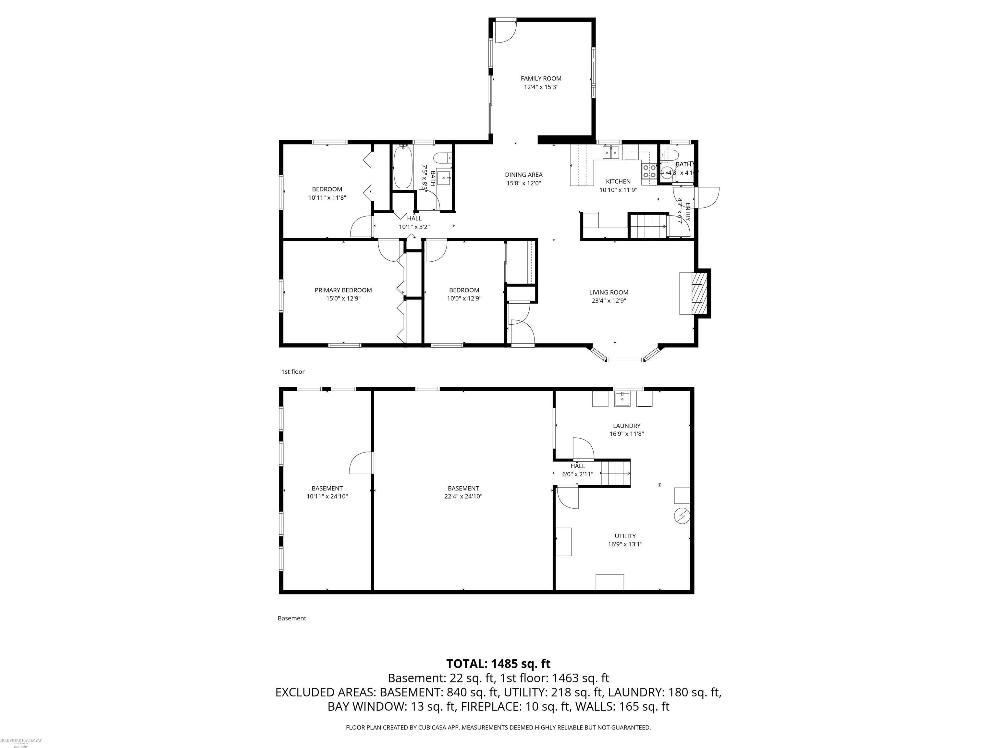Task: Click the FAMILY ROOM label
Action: tap(541, 79)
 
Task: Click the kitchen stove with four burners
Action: tap(649, 171)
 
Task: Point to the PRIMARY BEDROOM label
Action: tap(343, 290)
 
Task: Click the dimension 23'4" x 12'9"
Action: tap(609, 301)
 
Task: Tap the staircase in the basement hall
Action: tap(615, 473)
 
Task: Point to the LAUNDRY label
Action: tap(626, 426)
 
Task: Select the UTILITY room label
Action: tap(625, 536)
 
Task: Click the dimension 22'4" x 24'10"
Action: tap(463, 496)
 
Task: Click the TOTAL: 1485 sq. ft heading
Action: tap(498, 664)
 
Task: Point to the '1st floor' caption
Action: tap(293, 371)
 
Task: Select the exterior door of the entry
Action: tap(706, 197)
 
